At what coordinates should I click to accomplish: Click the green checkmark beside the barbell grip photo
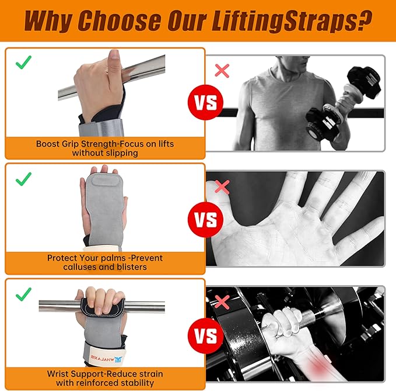[23, 62]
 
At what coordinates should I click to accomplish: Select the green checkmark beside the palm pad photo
[23, 178]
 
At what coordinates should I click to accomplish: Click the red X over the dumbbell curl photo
[222, 71]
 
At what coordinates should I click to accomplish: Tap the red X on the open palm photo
[222, 186]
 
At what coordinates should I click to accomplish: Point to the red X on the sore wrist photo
[222, 302]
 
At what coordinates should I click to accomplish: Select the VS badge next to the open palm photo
[205, 220]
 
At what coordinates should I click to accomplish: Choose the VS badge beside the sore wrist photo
[205, 336]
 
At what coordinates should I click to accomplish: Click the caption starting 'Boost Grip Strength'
[105, 148]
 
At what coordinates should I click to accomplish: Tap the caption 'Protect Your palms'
[105, 262]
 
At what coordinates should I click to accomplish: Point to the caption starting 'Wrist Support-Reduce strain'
[105, 378]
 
